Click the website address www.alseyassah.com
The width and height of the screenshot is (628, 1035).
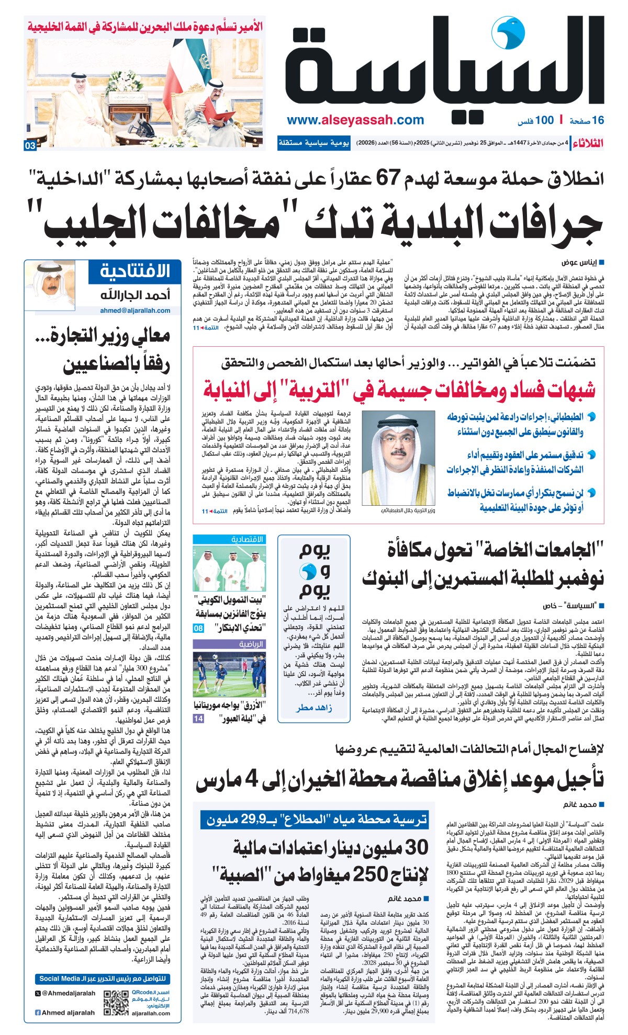click(x=355, y=120)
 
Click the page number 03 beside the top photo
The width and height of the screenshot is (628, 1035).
click(x=30, y=146)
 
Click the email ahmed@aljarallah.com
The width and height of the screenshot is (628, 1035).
click(x=135, y=310)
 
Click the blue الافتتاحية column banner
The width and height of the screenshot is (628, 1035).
click(x=136, y=271)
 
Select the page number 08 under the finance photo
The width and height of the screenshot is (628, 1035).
click(x=198, y=628)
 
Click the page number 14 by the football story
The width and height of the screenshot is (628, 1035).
click(x=198, y=719)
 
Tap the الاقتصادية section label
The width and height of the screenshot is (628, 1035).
click(x=247, y=539)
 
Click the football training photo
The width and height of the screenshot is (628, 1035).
click(x=229, y=674)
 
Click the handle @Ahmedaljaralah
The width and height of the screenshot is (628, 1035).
click(x=65, y=993)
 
